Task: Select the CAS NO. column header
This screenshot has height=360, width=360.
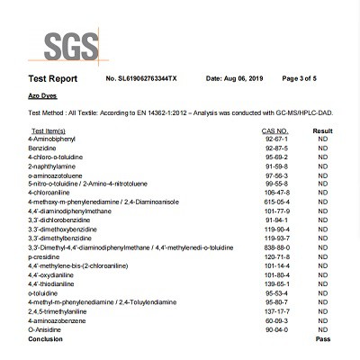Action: (x=274, y=131)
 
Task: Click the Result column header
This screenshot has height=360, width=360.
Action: (x=322, y=131)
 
